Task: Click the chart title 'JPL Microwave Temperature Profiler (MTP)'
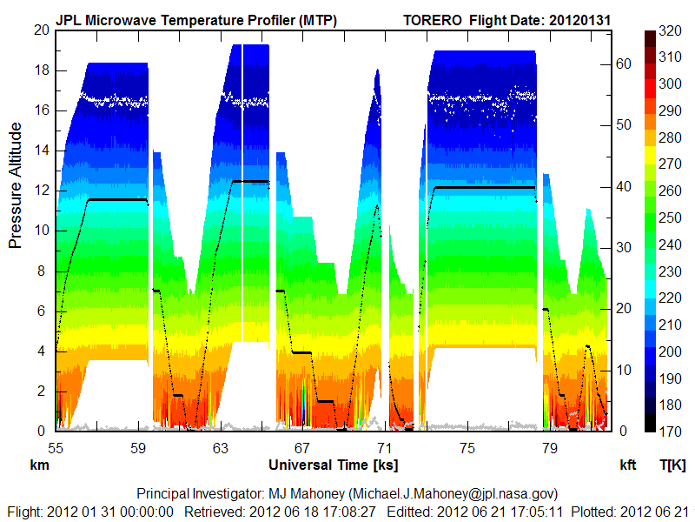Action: (196, 19)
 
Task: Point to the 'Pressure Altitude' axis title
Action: (16, 185)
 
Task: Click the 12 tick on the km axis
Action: (39, 191)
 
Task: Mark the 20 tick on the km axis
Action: (39, 30)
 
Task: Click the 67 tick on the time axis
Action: (302, 448)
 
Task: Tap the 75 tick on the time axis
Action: (467, 448)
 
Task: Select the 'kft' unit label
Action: (627, 465)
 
